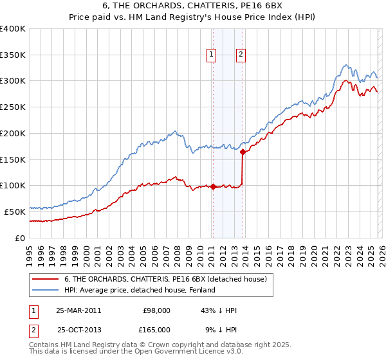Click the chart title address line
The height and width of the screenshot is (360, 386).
192,6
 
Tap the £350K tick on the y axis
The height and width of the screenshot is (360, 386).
13,55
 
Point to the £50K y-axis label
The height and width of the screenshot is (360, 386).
15,212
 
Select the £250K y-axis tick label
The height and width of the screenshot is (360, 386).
13,107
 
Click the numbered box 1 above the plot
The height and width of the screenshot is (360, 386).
212,55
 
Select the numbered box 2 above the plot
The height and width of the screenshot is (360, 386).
241,55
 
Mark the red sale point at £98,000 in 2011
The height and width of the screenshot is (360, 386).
213,187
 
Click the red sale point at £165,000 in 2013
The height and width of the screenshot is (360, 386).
243,152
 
